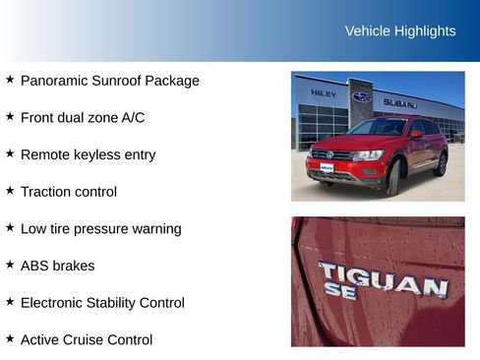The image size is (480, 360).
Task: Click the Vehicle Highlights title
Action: pos(399,31)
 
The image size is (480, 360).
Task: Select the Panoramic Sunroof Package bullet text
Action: pos(109,81)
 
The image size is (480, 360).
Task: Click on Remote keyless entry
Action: pos(88,154)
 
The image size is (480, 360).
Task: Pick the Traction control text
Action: pos(68,192)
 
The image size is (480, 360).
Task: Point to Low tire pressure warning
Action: pos(100,229)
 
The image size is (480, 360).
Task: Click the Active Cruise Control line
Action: pos(87,340)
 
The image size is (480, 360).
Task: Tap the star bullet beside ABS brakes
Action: pos(10,265)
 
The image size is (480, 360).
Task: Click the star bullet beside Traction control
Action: pos(10,190)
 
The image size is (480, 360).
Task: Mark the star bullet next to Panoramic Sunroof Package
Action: pos(10,79)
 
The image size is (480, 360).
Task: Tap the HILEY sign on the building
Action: pos(323,93)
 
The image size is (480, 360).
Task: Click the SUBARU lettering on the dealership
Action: pos(400,102)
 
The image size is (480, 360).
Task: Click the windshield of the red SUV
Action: pos(378,128)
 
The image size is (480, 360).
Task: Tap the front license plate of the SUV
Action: pos(327,167)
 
